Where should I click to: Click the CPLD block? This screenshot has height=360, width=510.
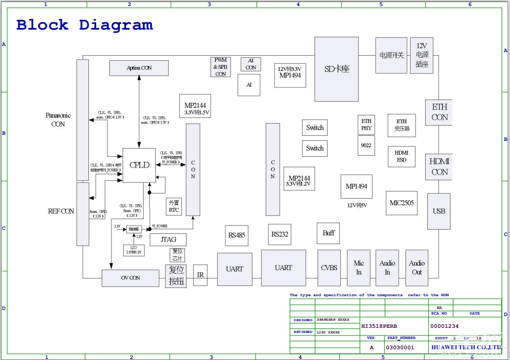pos(139,165)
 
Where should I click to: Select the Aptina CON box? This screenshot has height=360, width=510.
pos(139,68)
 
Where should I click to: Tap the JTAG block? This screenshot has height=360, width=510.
pos(168,239)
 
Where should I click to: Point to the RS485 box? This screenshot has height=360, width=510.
pos(237,235)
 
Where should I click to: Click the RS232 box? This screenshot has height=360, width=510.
pos(280,234)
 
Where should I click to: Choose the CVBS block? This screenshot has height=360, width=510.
pos(329,268)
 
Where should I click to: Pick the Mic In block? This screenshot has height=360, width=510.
pos(359,268)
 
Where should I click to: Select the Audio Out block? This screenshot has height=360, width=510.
pos(416,268)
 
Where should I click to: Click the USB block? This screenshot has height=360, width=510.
pos(438,211)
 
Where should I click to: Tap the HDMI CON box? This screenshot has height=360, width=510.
pos(439,166)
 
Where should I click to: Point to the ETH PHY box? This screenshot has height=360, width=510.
pos(366,125)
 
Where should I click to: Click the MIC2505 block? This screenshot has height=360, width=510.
pos(402,203)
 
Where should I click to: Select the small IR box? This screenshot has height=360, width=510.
pos(200,275)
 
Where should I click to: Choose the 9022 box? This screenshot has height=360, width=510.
pos(366,146)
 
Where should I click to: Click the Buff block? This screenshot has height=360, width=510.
pos(328,233)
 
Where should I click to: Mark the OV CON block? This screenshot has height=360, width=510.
pos(130,278)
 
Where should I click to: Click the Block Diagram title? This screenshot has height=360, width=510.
pos(84,25)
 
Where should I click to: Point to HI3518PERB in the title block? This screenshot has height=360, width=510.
pos(379,326)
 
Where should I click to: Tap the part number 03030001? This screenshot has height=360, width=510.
pos(400,347)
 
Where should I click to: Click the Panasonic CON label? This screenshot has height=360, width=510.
pos(58,119)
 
